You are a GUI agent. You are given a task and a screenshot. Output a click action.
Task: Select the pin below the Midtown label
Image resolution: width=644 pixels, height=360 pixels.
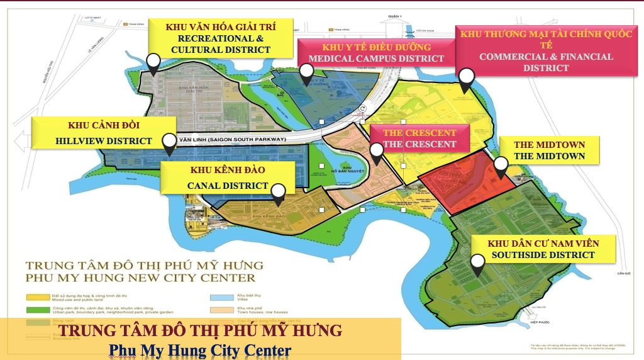(500, 166)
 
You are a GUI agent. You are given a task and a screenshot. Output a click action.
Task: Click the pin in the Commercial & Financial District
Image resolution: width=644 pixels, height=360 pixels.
(466, 79)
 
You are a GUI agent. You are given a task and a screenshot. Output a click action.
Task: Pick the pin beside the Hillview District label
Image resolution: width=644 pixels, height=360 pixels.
(169, 143)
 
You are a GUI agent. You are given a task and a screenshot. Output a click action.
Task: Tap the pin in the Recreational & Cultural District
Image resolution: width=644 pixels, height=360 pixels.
(153, 63)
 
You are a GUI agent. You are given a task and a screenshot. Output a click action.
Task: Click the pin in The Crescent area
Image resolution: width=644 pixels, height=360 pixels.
(376, 152)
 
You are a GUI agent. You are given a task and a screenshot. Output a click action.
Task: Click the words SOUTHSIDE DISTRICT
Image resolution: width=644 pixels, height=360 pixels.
(543, 255)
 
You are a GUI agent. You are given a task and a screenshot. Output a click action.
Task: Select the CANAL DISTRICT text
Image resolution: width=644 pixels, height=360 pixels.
(228, 186)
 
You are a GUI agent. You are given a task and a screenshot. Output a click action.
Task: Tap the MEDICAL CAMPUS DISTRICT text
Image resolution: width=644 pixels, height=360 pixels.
(376, 59)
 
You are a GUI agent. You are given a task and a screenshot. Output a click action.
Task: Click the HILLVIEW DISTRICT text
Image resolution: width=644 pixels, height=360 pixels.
(104, 140)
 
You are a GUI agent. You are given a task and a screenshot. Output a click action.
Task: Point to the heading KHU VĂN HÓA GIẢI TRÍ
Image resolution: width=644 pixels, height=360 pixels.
(220, 27)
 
